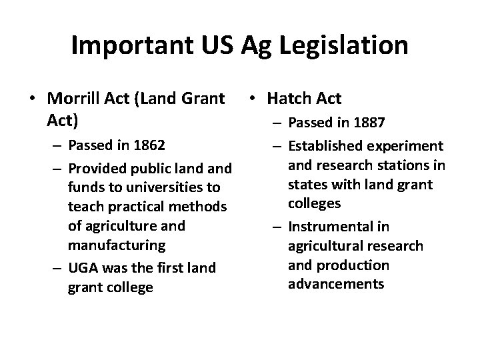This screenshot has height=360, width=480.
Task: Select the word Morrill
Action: tap(73, 99)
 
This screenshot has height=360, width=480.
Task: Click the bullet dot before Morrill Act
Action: tap(32, 99)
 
